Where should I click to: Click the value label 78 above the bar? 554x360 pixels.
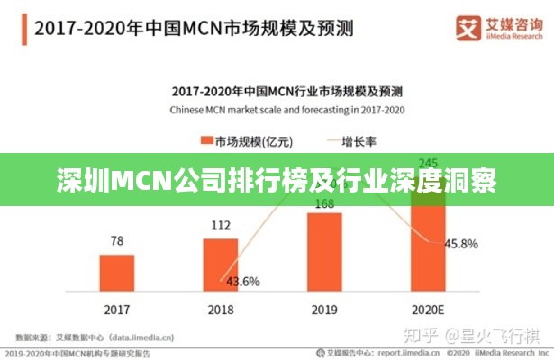click(x=117, y=240)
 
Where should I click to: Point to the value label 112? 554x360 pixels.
click(x=221, y=224)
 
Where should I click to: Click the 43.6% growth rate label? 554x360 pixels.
click(x=242, y=281)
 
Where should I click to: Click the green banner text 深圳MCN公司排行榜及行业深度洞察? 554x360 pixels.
click(x=277, y=180)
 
